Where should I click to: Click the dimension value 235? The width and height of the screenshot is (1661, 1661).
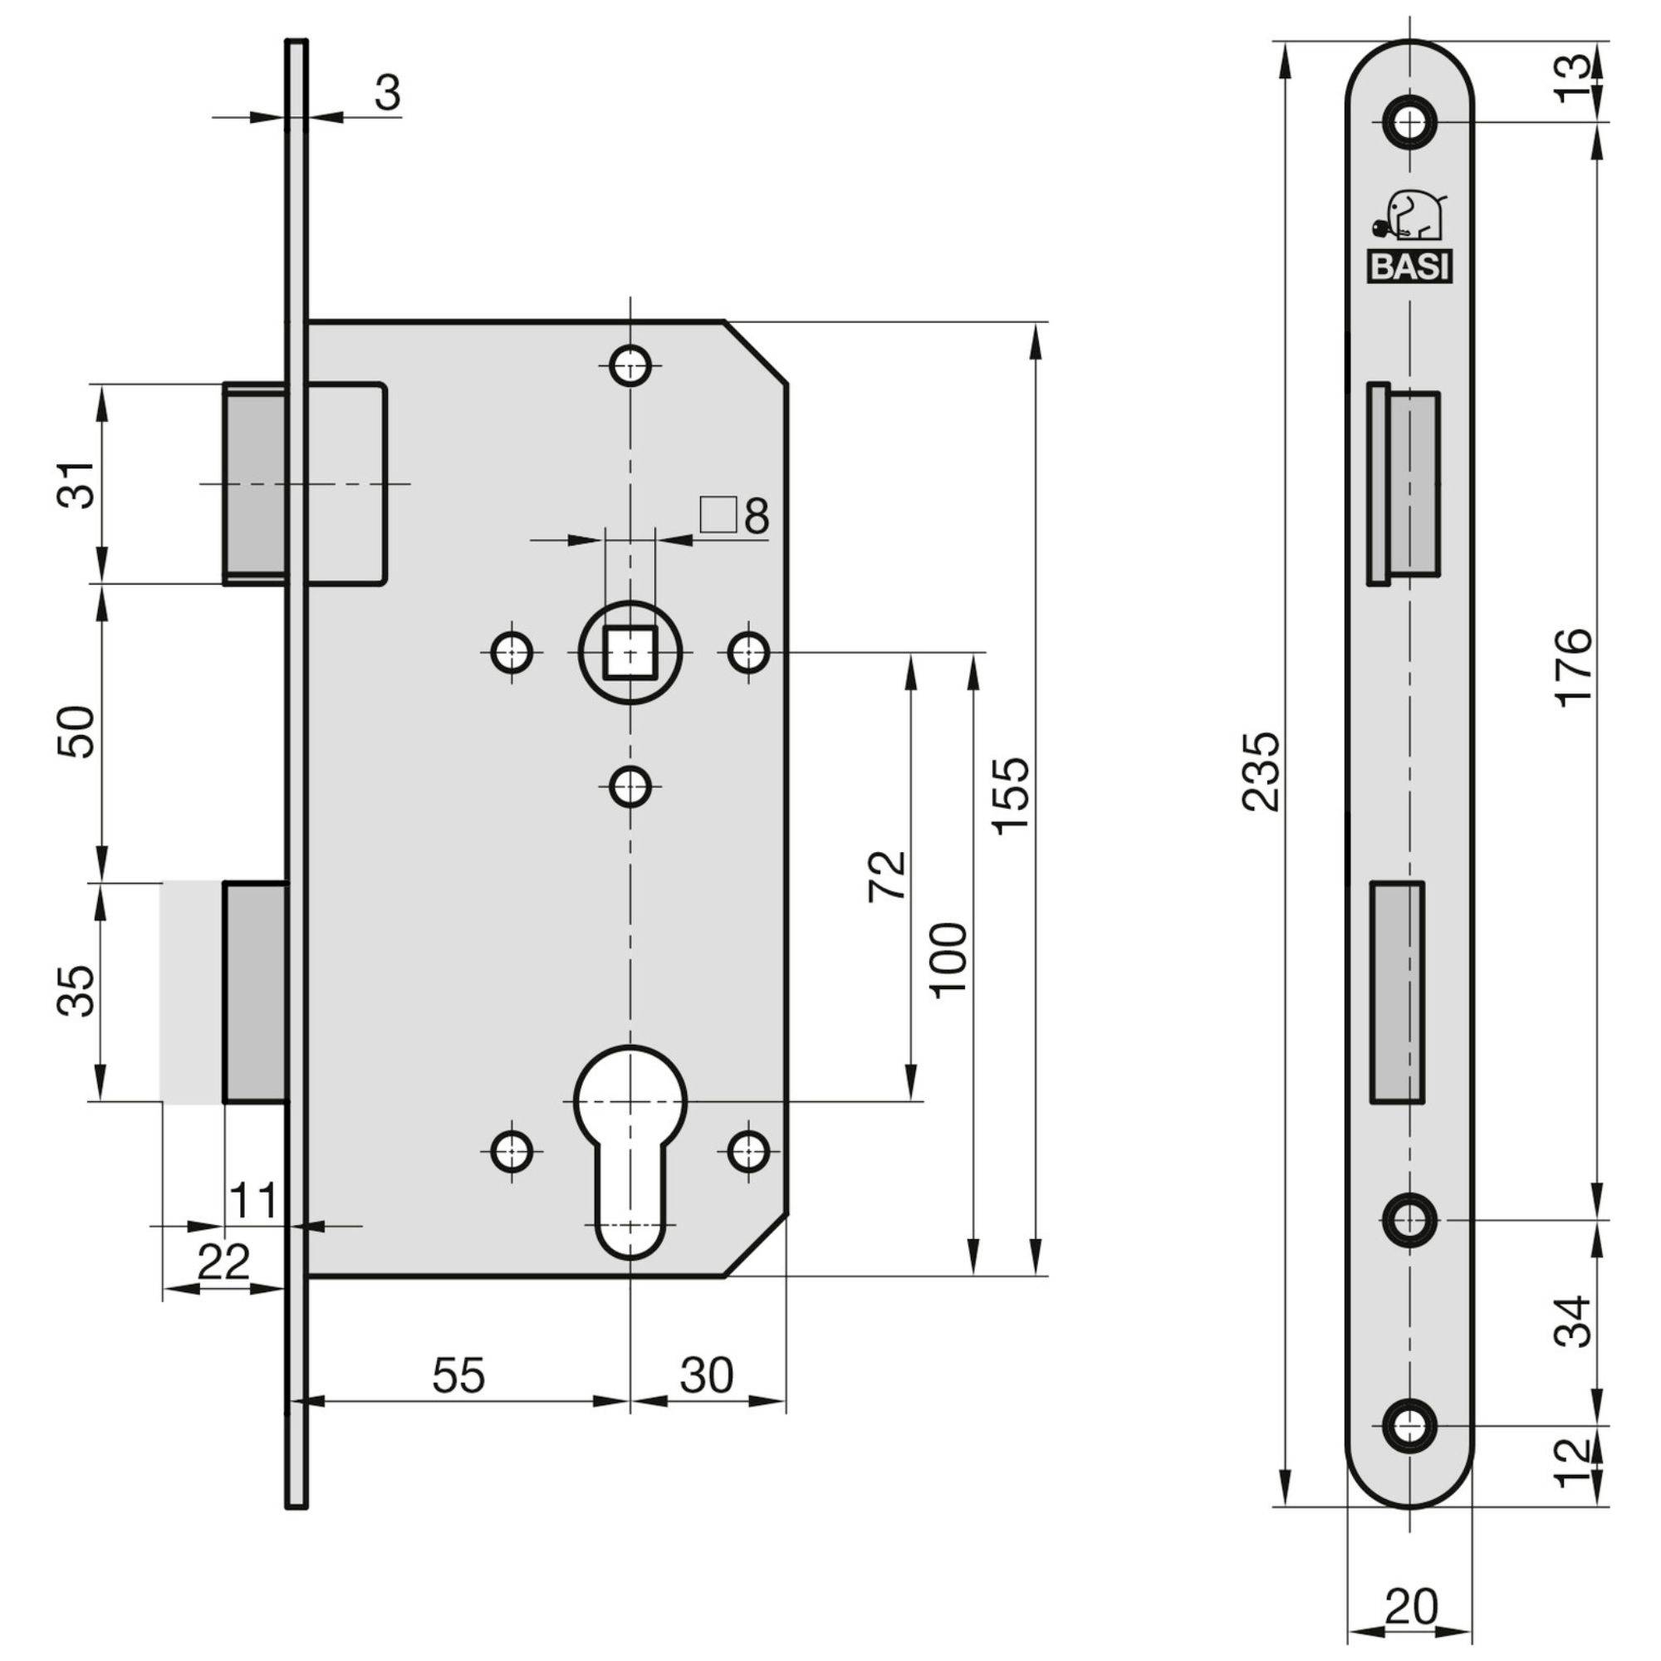click(x=1262, y=772)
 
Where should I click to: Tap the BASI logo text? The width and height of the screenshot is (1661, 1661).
click(x=1409, y=267)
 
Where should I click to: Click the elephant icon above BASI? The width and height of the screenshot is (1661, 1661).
click(x=1410, y=218)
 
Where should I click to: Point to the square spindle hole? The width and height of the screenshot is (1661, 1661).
click(x=630, y=653)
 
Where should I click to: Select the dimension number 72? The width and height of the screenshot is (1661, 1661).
click(x=887, y=875)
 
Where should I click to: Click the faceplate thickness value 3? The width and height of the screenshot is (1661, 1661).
click(x=388, y=93)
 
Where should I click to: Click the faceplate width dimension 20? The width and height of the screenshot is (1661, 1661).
click(x=1411, y=1606)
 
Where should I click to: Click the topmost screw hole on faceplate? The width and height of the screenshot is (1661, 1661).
click(x=1410, y=124)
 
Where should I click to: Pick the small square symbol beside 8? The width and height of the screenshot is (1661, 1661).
click(x=718, y=515)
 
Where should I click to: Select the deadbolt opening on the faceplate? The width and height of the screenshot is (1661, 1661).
click(x=1396, y=992)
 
